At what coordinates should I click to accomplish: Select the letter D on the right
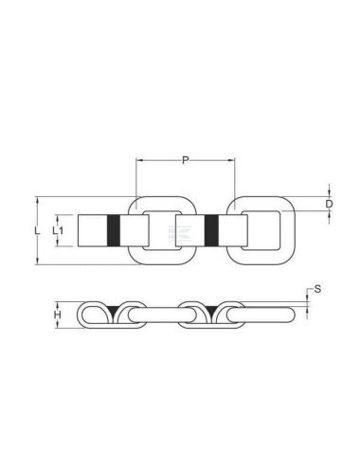tap(329, 203)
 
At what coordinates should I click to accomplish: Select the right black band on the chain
tap(211, 230)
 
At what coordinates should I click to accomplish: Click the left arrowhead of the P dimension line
tap(141, 161)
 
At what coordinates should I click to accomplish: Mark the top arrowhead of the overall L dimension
tap(38, 199)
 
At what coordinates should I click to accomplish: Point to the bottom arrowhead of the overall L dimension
tap(38, 263)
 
